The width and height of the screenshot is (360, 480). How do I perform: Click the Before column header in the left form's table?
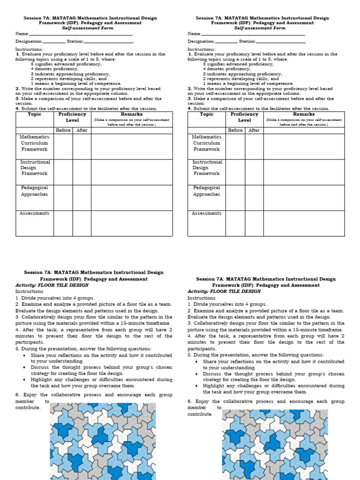click(x=63, y=130)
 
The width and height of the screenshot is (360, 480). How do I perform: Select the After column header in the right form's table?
click(x=254, y=130)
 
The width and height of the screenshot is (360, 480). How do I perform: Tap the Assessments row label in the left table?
click(x=34, y=213)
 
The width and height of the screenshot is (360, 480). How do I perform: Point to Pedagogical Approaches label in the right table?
click(x=206, y=191)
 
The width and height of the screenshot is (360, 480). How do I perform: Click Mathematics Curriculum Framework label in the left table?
click(x=34, y=143)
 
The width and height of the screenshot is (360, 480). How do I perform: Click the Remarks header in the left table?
click(x=132, y=114)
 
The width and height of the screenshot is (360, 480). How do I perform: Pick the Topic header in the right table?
click(x=207, y=114)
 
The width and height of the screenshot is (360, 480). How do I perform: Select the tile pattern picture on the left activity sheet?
click(x=111, y=443)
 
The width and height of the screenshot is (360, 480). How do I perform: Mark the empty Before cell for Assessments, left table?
click(x=63, y=223)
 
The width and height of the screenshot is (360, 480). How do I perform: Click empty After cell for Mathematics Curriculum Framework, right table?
click(x=254, y=146)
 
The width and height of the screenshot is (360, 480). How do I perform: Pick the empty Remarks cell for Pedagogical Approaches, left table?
click(x=132, y=197)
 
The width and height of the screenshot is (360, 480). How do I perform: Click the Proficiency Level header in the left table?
click(x=72, y=117)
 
